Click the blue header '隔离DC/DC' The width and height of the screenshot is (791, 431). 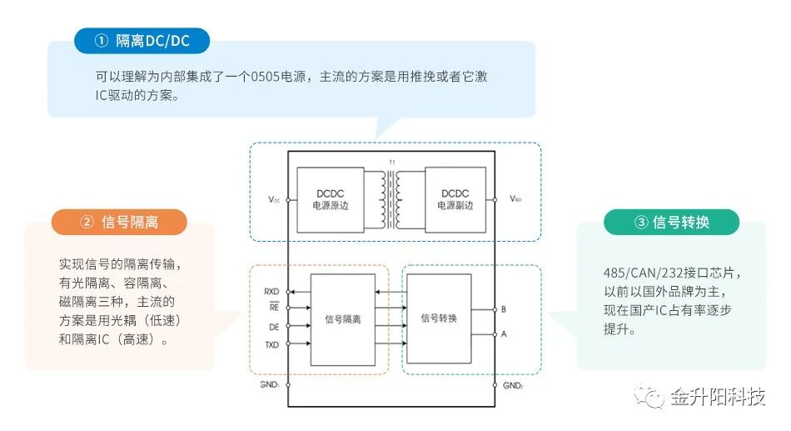tap(142, 40)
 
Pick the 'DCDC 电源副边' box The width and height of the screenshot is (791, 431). tap(455, 199)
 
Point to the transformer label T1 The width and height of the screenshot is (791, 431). tap(392, 162)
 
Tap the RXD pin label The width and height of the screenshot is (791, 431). tap(271, 292)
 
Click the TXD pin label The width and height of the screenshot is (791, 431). tap(271, 344)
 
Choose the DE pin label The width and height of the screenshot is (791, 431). tap(273, 327)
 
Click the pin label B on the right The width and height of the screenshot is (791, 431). tap(504, 309)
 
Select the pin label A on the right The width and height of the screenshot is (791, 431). tap(504, 333)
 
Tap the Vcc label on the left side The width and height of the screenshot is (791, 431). tap(274, 200)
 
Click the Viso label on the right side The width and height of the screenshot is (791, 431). tap(515, 200)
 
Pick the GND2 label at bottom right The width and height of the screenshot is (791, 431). tap(513, 386)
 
